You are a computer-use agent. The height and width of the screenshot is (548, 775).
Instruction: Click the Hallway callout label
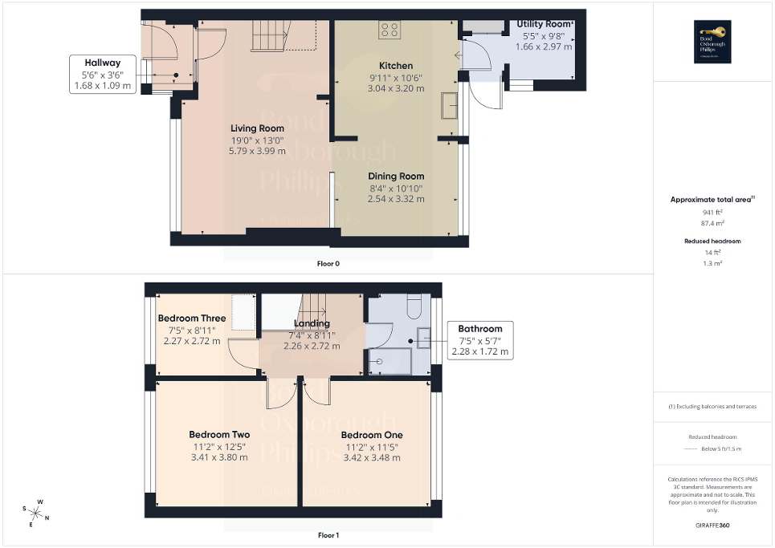pyautogui.click(x=104, y=74)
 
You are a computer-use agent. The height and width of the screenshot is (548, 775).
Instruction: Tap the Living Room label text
pyautogui.click(x=257, y=128)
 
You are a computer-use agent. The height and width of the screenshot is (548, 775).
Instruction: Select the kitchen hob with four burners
pyautogui.click(x=390, y=30)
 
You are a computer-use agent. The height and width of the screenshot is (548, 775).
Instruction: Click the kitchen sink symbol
pyautogui.click(x=449, y=105)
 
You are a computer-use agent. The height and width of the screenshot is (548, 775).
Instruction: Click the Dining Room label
pyautogui.click(x=396, y=177)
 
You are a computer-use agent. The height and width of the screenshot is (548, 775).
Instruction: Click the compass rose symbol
pyautogui.click(x=36, y=512)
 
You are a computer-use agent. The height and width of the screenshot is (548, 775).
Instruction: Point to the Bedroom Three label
pyautogui.click(x=192, y=319)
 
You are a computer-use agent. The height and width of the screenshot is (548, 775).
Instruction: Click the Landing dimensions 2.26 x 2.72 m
pyautogui.click(x=312, y=347)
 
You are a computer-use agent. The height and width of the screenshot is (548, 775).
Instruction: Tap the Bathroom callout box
pyautogui.click(x=480, y=340)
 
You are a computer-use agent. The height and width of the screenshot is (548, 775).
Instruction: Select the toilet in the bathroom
pyautogui.click(x=413, y=307)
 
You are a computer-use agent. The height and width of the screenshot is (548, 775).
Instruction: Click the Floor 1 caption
pyautogui.click(x=328, y=535)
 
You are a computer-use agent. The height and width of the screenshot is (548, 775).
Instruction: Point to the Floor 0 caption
pyautogui.click(x=328, y=263)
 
